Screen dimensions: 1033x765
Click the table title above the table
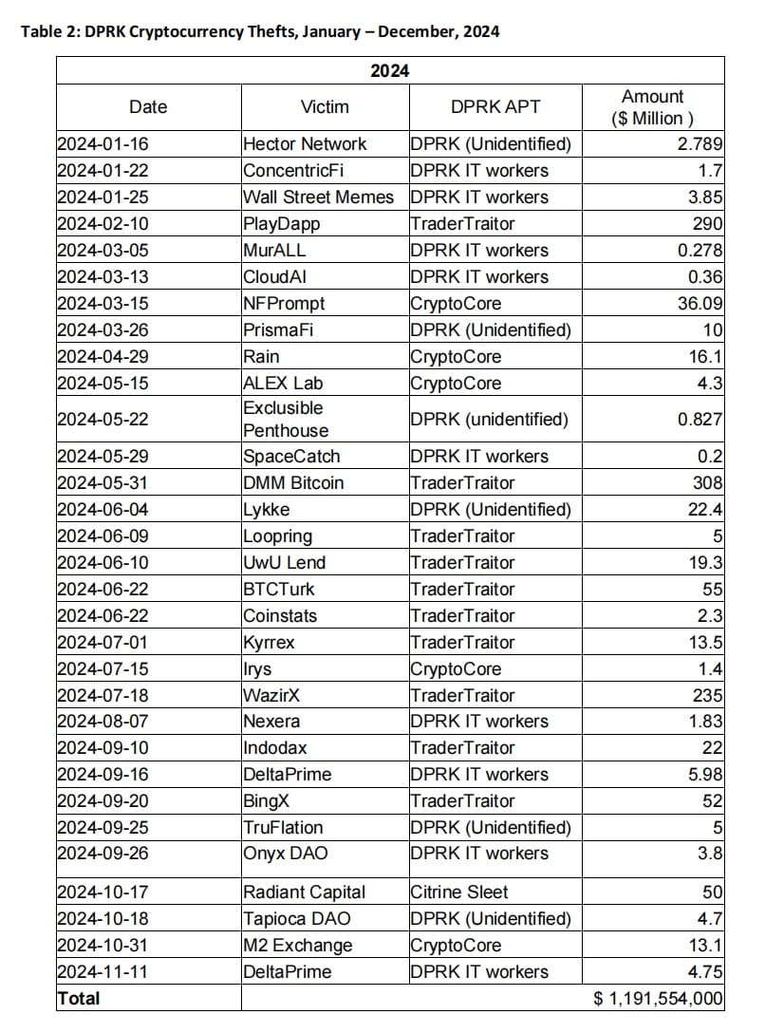coord(260,31)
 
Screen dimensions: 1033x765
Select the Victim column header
coord(325,107)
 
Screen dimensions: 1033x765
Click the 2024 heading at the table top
coord(389,70)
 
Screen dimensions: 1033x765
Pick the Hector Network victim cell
coord(305,144)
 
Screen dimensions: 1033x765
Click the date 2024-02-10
coord(103,224)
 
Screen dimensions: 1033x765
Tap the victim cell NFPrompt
coord(284,304)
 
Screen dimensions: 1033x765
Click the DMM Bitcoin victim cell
coord(293,482)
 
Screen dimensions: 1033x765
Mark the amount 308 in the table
coord(707,482)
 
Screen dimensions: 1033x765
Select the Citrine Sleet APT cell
coord(459,892)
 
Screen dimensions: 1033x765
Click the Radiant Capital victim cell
coord(304,892)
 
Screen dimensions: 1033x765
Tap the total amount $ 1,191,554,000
coord(658,999)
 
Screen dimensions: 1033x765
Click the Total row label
coord(79,999)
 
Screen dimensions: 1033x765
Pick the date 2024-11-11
coord(103,972)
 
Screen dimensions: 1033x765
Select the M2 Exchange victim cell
coord(297,946)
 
